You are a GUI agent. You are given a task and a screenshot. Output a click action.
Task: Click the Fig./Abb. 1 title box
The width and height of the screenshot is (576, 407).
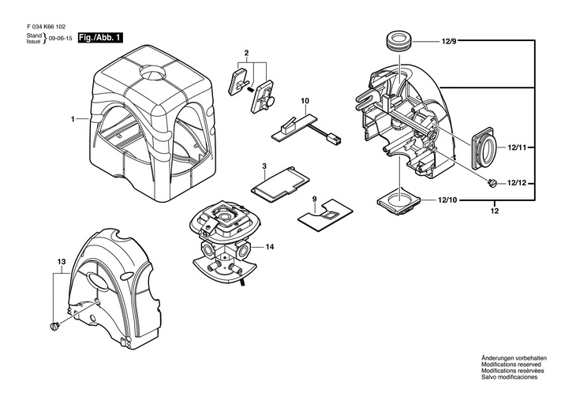101,38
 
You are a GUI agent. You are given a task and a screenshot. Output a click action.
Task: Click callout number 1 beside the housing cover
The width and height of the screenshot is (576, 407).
72,119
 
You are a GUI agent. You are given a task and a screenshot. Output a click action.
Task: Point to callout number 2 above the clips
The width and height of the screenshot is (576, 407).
247,52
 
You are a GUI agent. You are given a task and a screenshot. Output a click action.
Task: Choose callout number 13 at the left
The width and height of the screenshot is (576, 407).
60,260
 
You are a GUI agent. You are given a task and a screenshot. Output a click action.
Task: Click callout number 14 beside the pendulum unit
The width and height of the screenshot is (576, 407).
270,247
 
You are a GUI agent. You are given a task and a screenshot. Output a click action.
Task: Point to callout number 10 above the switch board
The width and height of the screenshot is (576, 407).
305,101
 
